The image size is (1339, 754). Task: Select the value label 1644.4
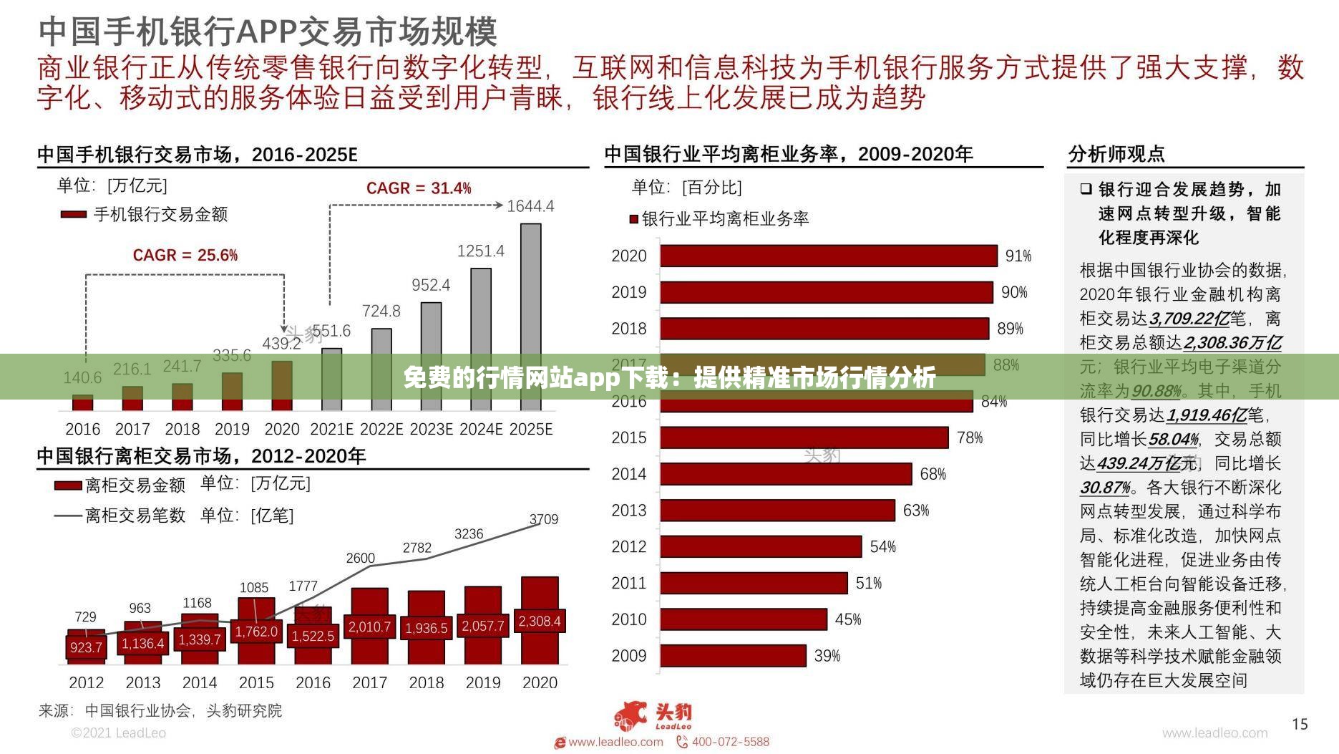[x=530, y=206]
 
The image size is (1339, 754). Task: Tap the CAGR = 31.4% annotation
[x=419, y=188]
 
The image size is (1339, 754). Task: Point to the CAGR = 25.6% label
[x=185, y=256]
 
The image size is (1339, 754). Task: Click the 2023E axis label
[x=431, y=429]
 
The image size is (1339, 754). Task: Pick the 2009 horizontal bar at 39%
[x=733, y=655]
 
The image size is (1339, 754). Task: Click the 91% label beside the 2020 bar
[x=1018, y=256]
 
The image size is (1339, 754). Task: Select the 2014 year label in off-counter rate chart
[x=628, y=474]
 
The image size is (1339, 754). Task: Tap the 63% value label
[x=915, y=511]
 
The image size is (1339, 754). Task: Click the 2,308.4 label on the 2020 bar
[x=540, y=622]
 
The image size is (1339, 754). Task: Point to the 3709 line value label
[x=543, y=519]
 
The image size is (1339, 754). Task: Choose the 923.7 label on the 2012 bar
[x=86, y=647]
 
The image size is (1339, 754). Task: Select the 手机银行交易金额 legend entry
[x=160, y=214]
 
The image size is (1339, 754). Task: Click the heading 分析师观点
[x=1116, y=154]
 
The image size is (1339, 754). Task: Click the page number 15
[x=1300, y=724]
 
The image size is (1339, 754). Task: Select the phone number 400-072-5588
[x=730, y=742]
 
